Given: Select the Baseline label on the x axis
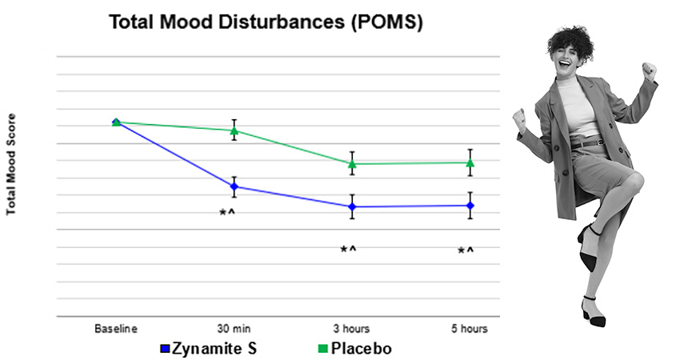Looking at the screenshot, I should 116,329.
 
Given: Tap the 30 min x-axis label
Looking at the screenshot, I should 234,329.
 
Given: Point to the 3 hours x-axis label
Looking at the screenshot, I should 351,329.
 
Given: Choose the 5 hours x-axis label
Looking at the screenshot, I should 470,329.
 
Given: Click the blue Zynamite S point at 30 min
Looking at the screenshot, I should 234,186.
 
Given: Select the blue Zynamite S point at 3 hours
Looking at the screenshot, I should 351,206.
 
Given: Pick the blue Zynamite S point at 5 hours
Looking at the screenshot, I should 470,206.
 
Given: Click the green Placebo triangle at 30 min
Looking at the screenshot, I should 234,130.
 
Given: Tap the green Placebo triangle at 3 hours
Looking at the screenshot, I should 351,163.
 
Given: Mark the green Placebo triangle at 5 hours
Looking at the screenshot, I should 470,162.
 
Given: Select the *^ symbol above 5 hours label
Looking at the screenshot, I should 465,251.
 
